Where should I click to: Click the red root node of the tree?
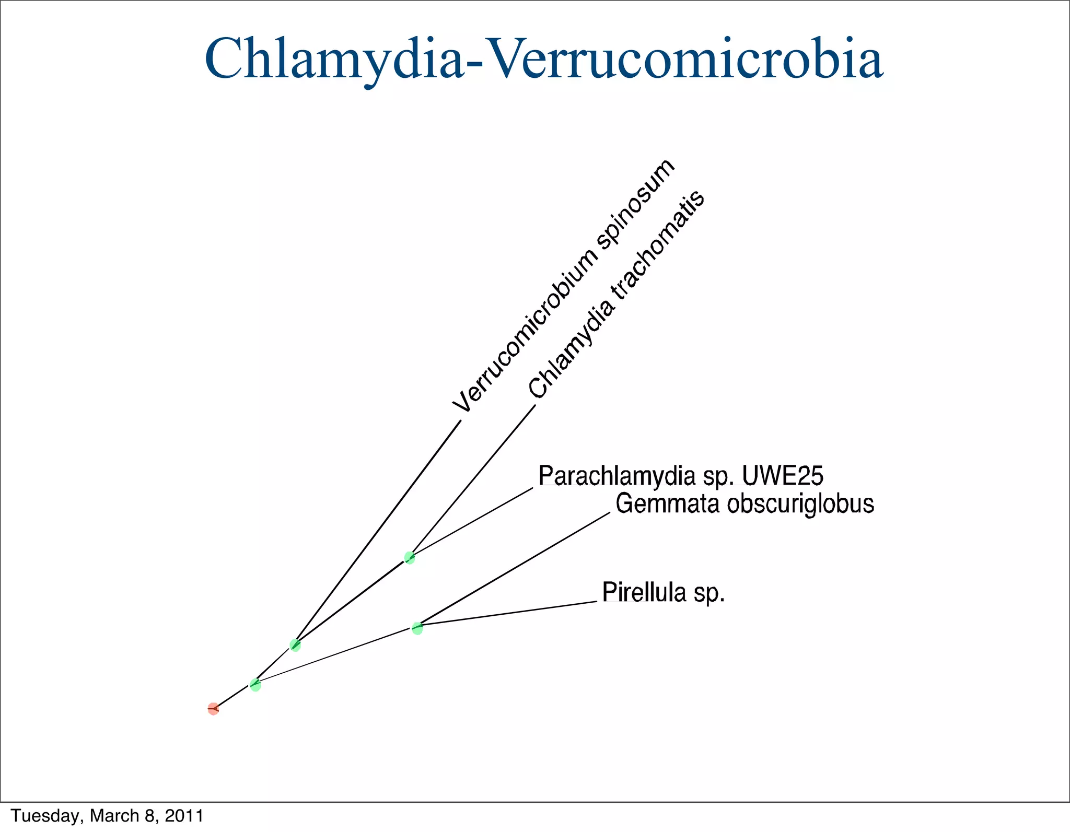(x=213, y=709)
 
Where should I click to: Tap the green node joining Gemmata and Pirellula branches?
(x=417, y=628)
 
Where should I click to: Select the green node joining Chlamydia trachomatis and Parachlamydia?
(x=410, y=558)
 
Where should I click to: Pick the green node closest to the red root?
(x=255, y=685)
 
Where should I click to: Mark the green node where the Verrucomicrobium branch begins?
(x=295, y=645)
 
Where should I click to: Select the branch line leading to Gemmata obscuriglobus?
(x=515, y=569)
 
